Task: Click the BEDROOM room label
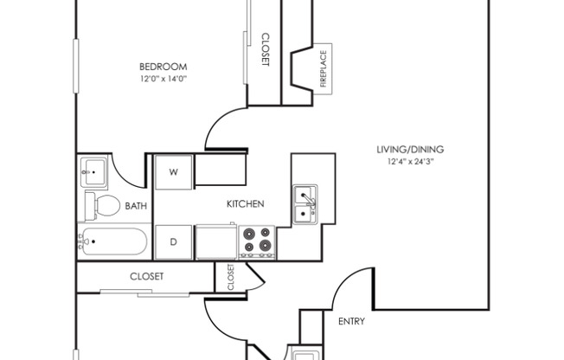pos(163,67)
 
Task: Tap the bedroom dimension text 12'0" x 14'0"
pos(163,79)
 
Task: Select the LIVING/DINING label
pos(409,149)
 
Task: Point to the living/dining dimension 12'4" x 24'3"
pos(409,161)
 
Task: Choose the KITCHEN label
pos(245,204)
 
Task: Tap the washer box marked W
pos(173,172)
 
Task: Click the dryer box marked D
pos(173,241)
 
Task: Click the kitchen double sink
pos(304,203)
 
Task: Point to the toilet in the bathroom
pos(103,206)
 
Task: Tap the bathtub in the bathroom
pos(113,241)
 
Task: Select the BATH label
pos(136,206)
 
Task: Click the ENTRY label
pos(350,321)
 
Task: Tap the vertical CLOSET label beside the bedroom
pos(266,50)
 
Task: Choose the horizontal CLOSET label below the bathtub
pos(147,277)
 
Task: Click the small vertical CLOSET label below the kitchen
pos(230,277)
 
